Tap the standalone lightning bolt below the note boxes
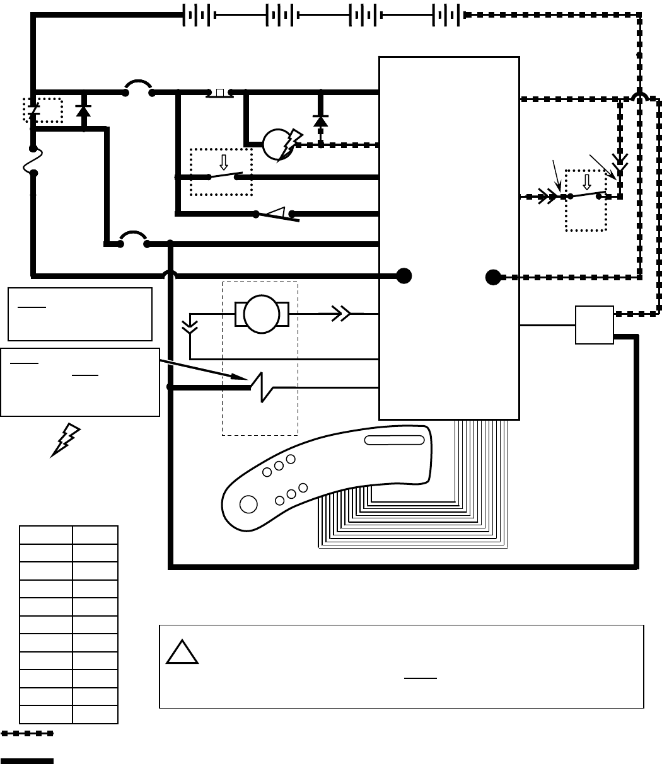tap(66, 440)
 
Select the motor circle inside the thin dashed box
tap(262, 313)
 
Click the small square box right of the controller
tap(594, 325)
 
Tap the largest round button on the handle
tap(248, 505)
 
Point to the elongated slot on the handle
tap(397, 440)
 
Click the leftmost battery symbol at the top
tap(197, 15)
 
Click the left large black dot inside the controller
tap(404, 275)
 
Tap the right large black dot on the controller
tap(493, 277)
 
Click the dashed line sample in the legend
tap(27, 733)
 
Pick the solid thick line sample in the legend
tap(27, 761)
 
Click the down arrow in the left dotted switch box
tap(223, 162)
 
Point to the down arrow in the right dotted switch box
tap(586, 182)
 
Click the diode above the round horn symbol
tap(321, 120)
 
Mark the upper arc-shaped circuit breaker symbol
tap(139, 88)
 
